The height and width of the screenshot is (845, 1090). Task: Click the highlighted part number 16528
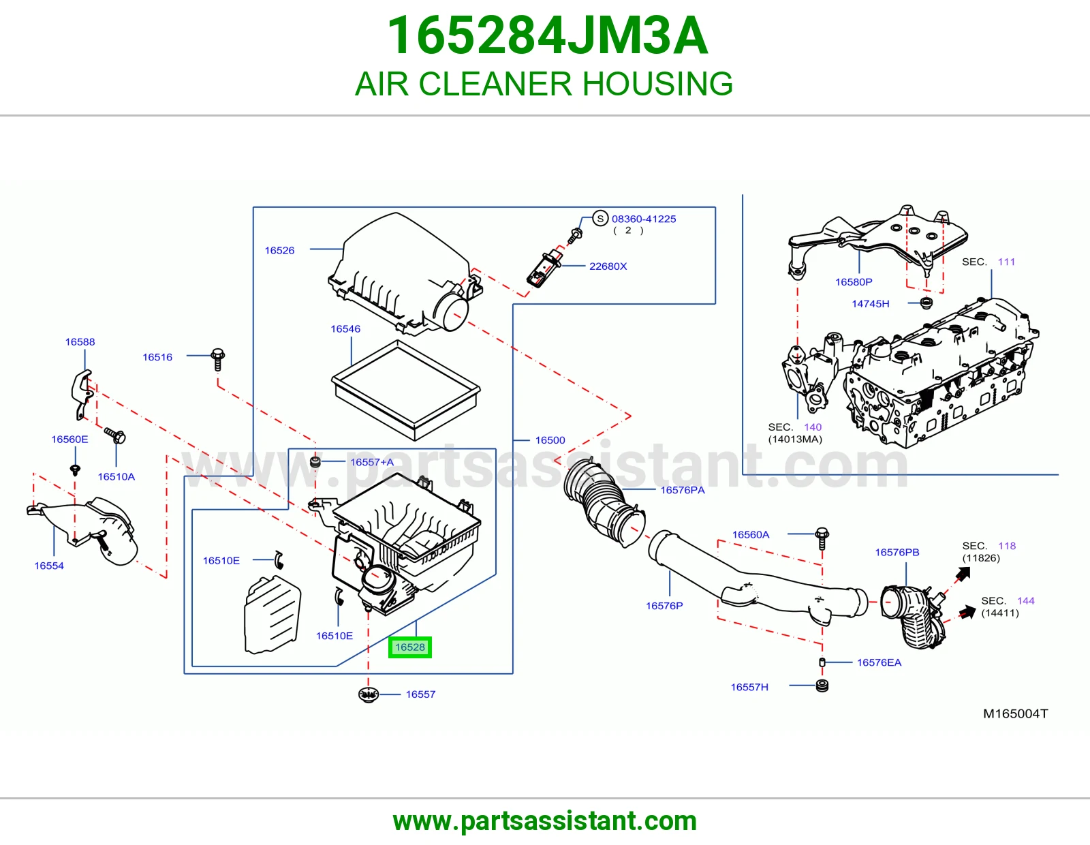410,647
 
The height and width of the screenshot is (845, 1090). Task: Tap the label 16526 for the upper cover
279,250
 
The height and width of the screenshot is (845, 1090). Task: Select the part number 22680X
608,266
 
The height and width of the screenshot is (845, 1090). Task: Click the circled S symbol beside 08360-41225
600,219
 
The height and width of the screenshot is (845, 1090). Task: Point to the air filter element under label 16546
406,390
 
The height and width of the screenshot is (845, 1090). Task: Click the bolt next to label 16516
218,359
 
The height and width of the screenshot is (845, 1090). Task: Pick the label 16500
550,440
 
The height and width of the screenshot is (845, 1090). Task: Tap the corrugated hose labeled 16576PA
604,502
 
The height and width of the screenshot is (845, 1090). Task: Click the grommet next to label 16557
368,694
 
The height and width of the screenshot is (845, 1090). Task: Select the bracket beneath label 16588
81,395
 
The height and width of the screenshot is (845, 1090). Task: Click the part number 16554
48,566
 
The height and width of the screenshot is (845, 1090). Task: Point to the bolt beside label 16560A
822,538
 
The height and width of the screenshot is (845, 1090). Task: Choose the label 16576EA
879,662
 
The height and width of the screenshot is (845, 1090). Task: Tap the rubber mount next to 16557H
822,686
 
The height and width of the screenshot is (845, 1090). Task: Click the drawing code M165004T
1015,713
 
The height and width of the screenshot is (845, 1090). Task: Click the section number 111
1006,262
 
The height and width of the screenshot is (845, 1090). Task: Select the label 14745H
870,303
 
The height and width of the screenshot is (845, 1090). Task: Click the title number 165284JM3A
547,35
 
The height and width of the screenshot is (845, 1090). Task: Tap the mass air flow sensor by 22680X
544,268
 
